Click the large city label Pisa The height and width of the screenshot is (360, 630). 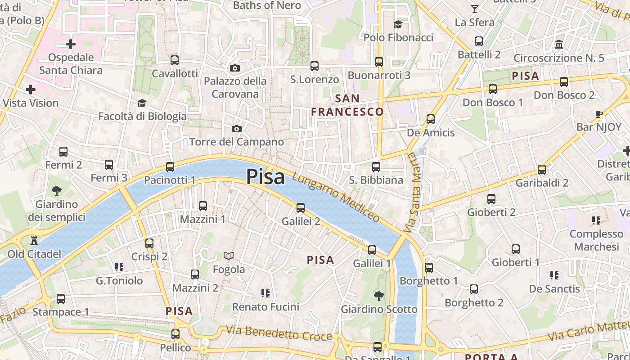pos(265,177)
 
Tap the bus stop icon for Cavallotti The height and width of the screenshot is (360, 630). pos(175,60)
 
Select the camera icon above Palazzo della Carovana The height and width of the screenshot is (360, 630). pos(234,68)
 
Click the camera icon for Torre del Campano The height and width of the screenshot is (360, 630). pos(237,129)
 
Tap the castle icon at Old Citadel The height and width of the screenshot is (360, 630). pos(34,241)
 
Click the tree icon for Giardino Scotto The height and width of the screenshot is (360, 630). pos(379,296)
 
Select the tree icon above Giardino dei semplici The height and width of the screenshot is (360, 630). pos(57,191)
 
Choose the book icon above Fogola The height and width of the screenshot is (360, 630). pos(229,256)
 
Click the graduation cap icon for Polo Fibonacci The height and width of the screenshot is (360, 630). pos(398,24)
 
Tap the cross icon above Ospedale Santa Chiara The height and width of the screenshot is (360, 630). pos(71,44)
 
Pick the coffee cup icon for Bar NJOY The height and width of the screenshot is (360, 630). pos(598,114)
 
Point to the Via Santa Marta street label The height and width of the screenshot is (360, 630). pos(413,192)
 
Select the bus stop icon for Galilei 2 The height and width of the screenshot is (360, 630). pos(301,208)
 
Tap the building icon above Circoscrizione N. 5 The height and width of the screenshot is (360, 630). pos(559,44)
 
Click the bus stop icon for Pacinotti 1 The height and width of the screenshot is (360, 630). pos(170,167)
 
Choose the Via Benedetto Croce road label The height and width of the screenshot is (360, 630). pos(279,333)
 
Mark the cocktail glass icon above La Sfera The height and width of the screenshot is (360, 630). pos(474,9)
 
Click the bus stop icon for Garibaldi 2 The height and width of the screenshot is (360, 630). pos(542,170)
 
